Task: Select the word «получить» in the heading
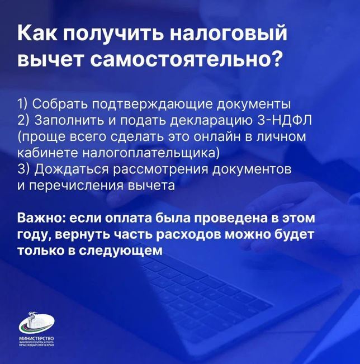click(113, 33)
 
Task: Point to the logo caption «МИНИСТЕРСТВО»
click(37, 338)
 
